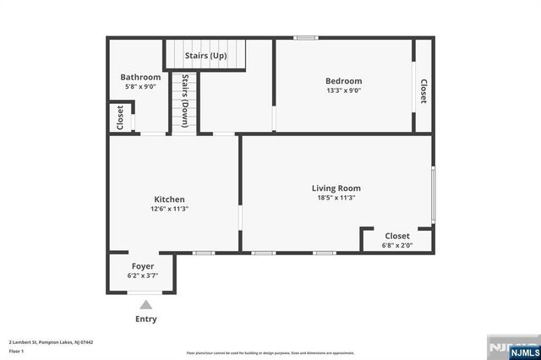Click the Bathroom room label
click(140, 77)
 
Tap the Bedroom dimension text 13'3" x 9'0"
click(344, 91)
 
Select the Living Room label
click(336, 188)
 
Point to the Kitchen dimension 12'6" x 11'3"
click(169, 209)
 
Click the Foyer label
click(142, 265)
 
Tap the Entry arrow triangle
click(145, 305)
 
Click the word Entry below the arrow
click(145, 319)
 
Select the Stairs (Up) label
click(206, 56)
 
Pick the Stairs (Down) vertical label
click(185, 101)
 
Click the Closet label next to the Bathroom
click(121, 117)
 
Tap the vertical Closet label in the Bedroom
click(423, 91)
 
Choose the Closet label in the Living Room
click(397, 236)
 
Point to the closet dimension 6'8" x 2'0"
click(397, 246)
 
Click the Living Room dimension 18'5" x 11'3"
click(336, 198)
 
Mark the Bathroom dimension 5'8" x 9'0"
click(140, 87)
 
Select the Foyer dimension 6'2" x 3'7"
click(142, 275)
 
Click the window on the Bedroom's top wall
click(305, 38)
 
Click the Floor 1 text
click(17, 350)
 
